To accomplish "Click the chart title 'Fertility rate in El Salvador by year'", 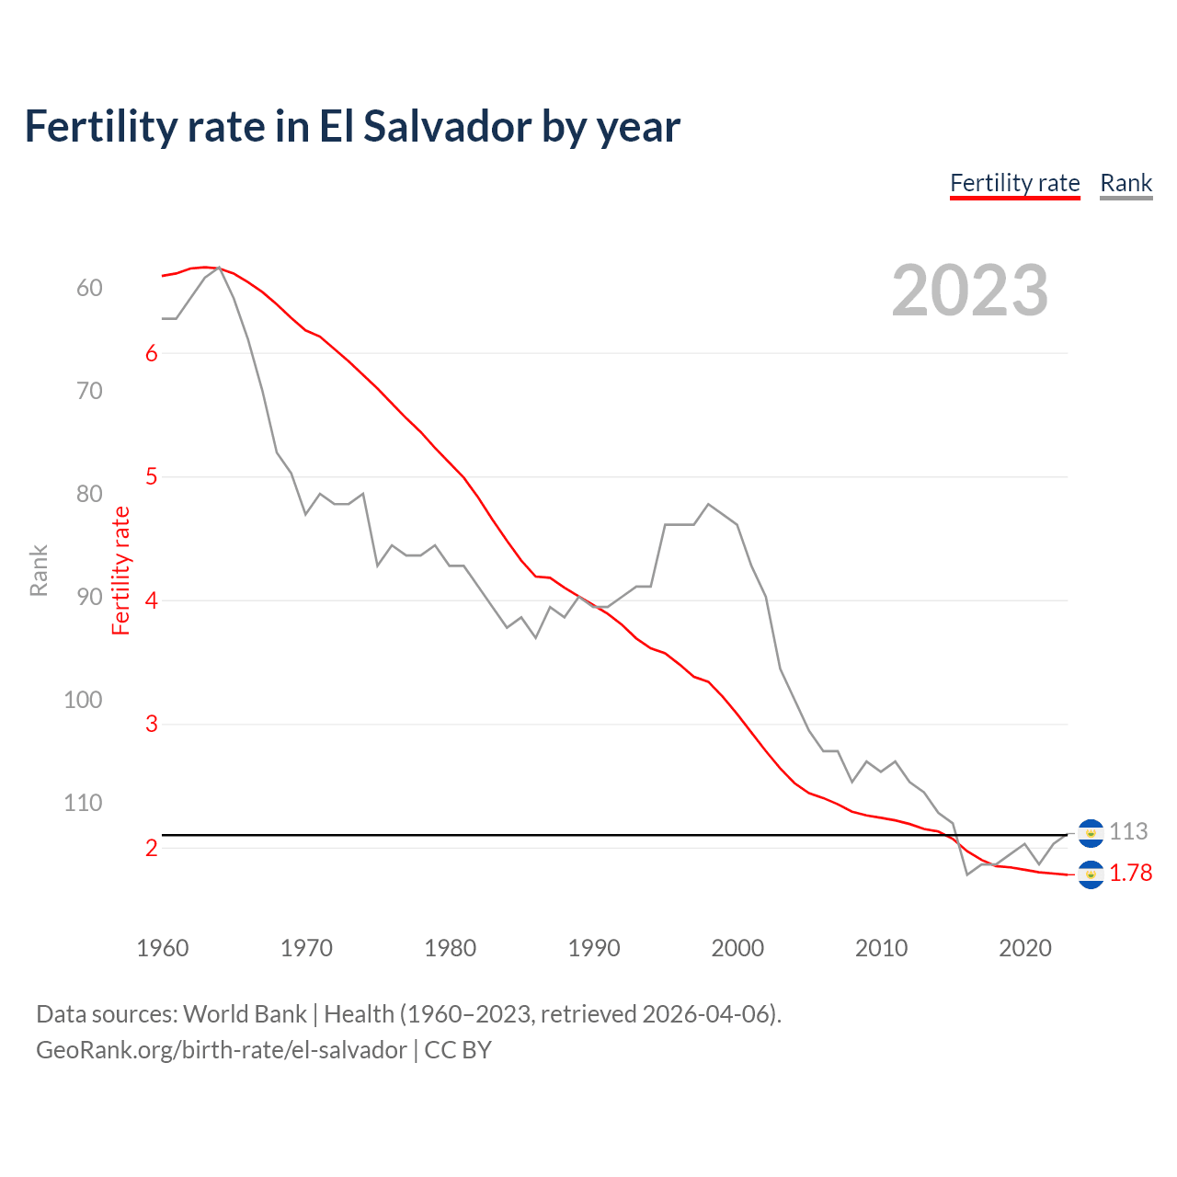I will pyautogui.click(x=352, y=126).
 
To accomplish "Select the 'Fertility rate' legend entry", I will pyautogui.click(x=1014, y=183).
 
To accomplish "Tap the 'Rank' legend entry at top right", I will pyautogui.click(x=1126, y=183).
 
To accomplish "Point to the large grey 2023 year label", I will pyautogui.click(x=969, y=291).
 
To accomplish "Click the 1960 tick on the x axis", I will pyautogui.click(x=163, y=948).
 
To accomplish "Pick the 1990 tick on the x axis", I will pyautogui.click(x=594, y=948).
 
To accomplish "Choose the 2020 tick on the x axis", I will pyautogui.click(x=1024, y=948).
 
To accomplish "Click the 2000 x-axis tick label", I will pyautogui.click(x=737, y=948).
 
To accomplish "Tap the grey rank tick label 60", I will pyautogui.click(x=89, y=289).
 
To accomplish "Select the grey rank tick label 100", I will pyautogui.click(x=83, y=700).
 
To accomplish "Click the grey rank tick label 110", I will pyautogui.click(x=83, y=803).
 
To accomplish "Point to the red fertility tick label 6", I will pyautogui.click(x=152, y=354).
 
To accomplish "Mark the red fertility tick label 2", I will pyautogui.click(x=152, y=848).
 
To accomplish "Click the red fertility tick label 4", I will pyautogui.click(x=152, y=600).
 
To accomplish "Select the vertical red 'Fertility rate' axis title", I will pyautogui.click(x=121, y=570).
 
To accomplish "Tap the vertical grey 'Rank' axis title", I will pyautogui.click(x=39, y=570).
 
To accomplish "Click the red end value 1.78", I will pyautogui.click(x=1130, y=874).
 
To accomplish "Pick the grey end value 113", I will pyautogui.click(x=1128, y=832).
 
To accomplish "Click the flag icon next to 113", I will pyautogui.click(x=1091, y=833).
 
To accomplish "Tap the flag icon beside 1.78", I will pyautogui.click(x=1091, y=874).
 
